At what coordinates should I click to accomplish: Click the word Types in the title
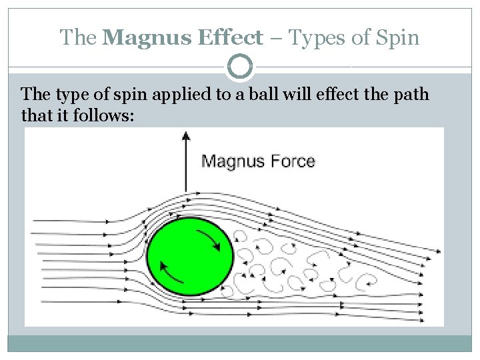tap(316, 37)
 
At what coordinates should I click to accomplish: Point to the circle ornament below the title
tap(240, 67)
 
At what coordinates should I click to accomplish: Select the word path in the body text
tap(412, 95)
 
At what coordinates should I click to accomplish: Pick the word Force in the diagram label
tap(290, 161)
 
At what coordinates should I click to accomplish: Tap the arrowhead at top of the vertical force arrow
tap(186, 135)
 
